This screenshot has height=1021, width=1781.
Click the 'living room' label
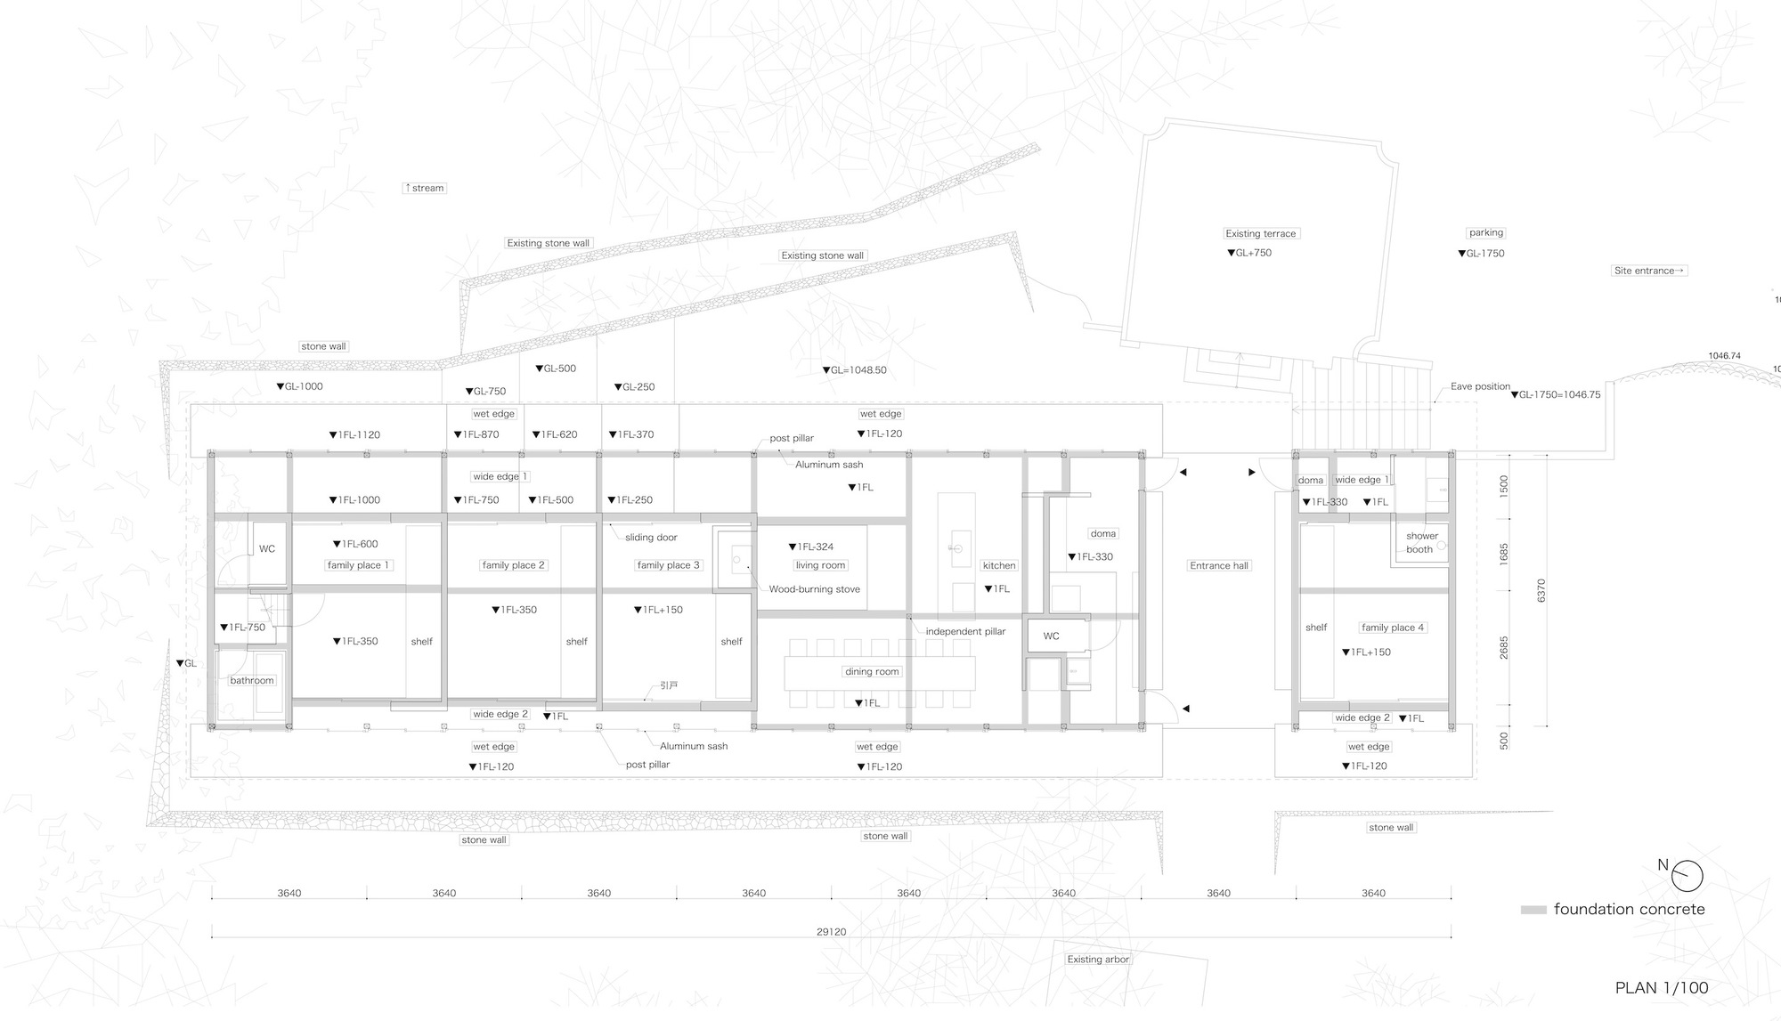pos(820,565)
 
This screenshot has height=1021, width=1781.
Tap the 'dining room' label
pos(872,672)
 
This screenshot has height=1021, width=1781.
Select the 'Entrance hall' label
pos(1219,565)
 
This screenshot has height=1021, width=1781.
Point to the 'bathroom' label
pos(252,680)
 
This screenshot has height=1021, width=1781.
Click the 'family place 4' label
pos(1393,628)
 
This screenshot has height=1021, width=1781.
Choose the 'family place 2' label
pos(513,565)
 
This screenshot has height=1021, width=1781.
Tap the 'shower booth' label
pos(1421,543)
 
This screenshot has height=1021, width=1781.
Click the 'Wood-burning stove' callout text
pos(814,589)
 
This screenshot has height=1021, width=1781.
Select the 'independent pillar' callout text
pos(965,631)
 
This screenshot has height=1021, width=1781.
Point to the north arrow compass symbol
pos(1687,876)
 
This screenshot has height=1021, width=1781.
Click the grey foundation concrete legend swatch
pos(1533,911)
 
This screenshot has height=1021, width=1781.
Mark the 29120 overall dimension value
pos(831,932)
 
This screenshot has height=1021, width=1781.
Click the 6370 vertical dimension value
pos(1541,590)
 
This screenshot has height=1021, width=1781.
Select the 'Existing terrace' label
pos(1260,233)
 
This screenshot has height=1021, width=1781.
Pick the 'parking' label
pos(1485,233)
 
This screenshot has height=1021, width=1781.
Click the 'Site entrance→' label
pos(1649,271)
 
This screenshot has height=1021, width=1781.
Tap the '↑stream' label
pos(424,188)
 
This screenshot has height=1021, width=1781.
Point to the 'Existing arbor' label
pos(1098,960)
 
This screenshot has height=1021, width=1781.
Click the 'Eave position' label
pos(1480,386)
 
